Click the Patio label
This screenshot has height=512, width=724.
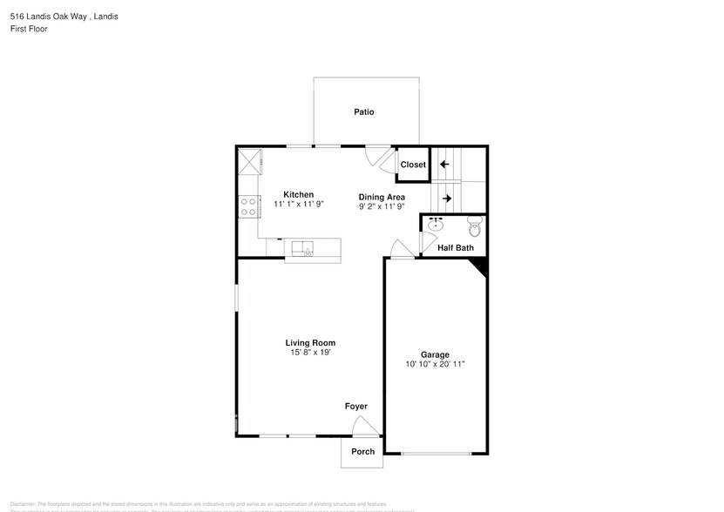(364, 111)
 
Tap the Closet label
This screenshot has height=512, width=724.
(413, 165)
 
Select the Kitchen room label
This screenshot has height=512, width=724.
(298, 194)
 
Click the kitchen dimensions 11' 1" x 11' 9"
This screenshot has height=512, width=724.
(298, 205)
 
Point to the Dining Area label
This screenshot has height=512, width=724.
(382, 197)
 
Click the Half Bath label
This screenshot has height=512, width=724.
(455, 248)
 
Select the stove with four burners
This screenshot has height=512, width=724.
(247, 206)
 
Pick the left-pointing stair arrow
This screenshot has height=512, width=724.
(444, 164)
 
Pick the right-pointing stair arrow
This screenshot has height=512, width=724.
(446, 198)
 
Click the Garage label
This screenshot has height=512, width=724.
(435, 354)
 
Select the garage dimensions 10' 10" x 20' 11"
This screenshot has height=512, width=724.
(435, 365)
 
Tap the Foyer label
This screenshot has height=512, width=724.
(355, 407)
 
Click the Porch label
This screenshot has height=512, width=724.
(362, 451)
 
